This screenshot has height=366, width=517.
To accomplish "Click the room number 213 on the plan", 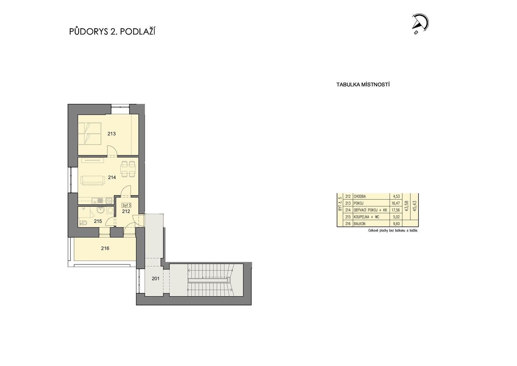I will pyautogui.click(x=111, y=134).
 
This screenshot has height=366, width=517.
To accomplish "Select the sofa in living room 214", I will pyautogui.click(x=93, y=180).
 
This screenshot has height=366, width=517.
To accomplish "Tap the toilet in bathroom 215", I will pyautogui.click(x=84, y=222).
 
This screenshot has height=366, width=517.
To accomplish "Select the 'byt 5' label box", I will pyautogui.click(x=126, y=205).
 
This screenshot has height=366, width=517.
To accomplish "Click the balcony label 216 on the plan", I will pyautogui.click(x=105, y=248).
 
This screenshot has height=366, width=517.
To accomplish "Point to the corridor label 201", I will pyautogui.click(x=155, y=278).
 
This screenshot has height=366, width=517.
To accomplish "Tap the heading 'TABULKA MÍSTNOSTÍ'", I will pyautogui.click(x=363, y=85).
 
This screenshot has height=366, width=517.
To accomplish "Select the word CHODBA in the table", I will pyautogui.click(x=360, y=196).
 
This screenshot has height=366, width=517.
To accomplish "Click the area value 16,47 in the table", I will pyautogui.click(x=396, y=203).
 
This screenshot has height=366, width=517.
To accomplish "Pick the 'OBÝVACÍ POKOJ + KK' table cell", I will pyautogui.click(x=370, y=210).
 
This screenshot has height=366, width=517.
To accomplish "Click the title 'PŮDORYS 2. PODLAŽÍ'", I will pyautogui.click(x=112, y=32).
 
